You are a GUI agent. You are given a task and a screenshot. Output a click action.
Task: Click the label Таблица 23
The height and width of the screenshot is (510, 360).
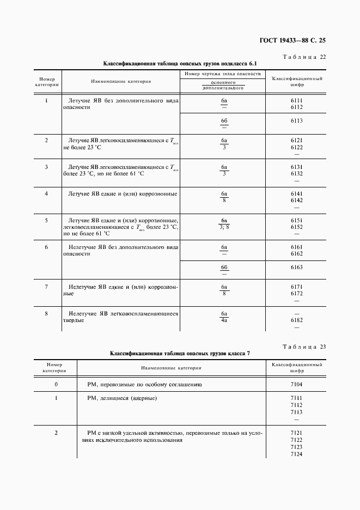coord(305,347)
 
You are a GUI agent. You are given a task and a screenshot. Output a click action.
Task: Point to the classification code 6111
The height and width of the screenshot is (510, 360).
coord(297,101)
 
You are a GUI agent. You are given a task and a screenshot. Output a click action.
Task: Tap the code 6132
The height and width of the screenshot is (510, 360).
coord(297,174)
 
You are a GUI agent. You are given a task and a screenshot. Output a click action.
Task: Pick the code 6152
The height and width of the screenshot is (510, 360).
coord(297,227)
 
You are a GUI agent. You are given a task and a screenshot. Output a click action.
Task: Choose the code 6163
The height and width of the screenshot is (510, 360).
coord(297,267)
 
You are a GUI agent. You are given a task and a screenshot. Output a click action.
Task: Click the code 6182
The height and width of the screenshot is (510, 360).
coord(297,320)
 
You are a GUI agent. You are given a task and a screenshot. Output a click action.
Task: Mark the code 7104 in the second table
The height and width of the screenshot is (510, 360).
coord(297,384)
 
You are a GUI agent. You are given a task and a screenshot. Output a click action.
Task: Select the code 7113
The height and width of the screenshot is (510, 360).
coord(297,412)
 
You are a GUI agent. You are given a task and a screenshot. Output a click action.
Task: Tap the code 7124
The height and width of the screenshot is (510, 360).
coord(297,454)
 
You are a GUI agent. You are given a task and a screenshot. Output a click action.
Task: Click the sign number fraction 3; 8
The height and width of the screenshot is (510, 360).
coord(224,227)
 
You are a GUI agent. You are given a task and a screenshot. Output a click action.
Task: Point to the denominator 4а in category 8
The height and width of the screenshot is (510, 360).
coord(224,320)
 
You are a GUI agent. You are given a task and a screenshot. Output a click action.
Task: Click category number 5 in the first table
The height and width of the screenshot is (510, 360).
coord(46,220)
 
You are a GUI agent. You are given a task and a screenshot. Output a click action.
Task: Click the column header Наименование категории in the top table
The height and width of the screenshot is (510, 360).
coord(121,81)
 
